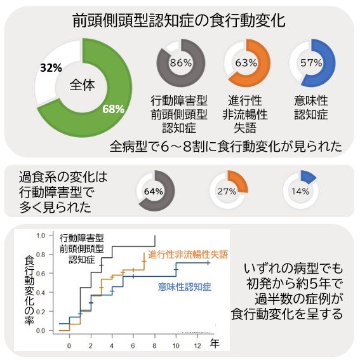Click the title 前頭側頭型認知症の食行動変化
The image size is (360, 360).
[x=179, y=20]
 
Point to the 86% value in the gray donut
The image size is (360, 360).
[x=181, y=62]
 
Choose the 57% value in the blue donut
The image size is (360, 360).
[x=311, y=62]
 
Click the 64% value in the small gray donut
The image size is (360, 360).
[x=154, y=191]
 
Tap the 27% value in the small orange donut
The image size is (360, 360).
[x=227, y=191]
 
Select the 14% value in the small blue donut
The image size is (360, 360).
[x=300, y=191]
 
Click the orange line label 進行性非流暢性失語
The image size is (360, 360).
[x=188, y=253]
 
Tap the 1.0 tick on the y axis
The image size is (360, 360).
[x=41, y=236]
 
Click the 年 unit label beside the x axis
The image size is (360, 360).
[x=215, y=343]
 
